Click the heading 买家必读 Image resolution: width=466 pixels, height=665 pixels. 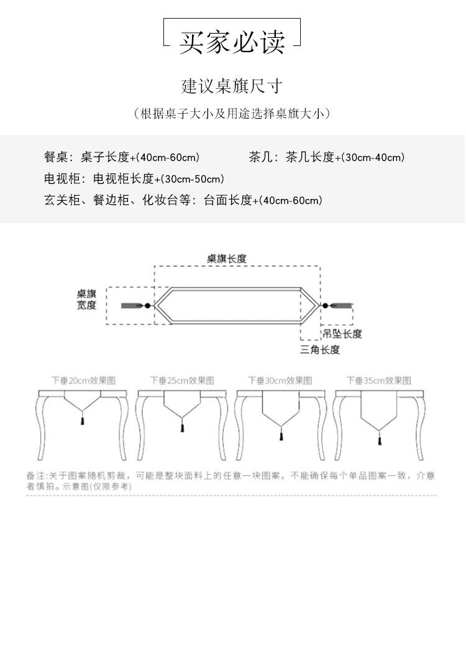coord(232,42)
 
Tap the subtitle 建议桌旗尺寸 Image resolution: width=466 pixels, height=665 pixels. coord(232,86)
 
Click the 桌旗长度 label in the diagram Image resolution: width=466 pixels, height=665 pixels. coord(227,259)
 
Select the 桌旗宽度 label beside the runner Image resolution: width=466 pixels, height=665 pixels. coord(87,300)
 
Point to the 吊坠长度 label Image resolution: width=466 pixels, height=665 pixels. coord(342,334)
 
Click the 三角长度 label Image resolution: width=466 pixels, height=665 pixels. coord(320,350)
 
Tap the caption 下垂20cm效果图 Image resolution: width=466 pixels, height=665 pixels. coord(83,380)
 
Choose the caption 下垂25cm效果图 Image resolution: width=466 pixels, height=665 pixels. coord(182,380)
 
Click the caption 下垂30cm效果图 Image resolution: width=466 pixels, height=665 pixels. coord(280,380)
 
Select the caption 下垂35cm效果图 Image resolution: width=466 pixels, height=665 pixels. coord(379,380)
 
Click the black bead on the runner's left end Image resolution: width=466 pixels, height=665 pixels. coord(147,306)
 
